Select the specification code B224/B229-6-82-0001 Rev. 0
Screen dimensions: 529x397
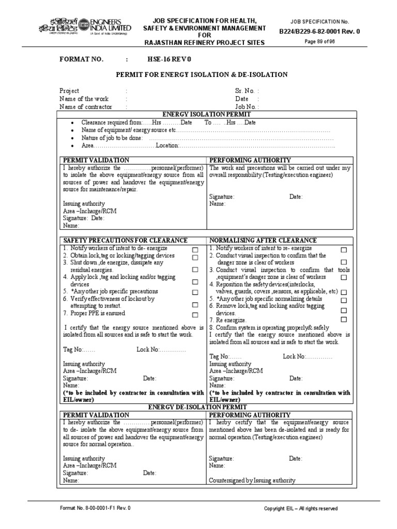[x=319, y=32]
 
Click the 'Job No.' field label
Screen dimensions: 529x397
[x=246, y=107]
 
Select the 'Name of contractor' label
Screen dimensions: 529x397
[x=85, y=107]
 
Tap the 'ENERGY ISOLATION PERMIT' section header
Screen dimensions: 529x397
[x=207, y=114]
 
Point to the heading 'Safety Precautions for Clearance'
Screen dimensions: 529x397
[x=125, y=241]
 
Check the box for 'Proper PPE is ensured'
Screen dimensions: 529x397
[x=195, y=315]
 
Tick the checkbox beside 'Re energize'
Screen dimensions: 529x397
[x=344, y=320]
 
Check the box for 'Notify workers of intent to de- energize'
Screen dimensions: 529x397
[x=195, y=250]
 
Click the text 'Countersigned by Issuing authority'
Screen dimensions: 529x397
[x=252, y=480]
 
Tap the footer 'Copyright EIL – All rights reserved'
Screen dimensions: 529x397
[x=301, y=508]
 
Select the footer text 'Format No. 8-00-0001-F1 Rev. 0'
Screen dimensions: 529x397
[x=96, y=508]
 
